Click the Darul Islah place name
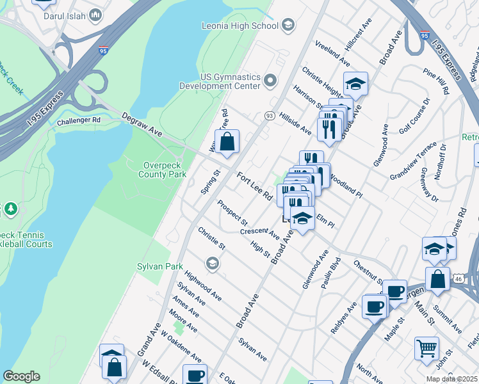pos(70,14)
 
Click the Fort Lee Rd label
pos(254,185)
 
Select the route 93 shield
pos(270,115)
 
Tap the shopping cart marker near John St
pos(426,349)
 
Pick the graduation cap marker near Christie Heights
pos(355,83)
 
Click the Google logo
pos(21,376)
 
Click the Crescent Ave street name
pos(260,231)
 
